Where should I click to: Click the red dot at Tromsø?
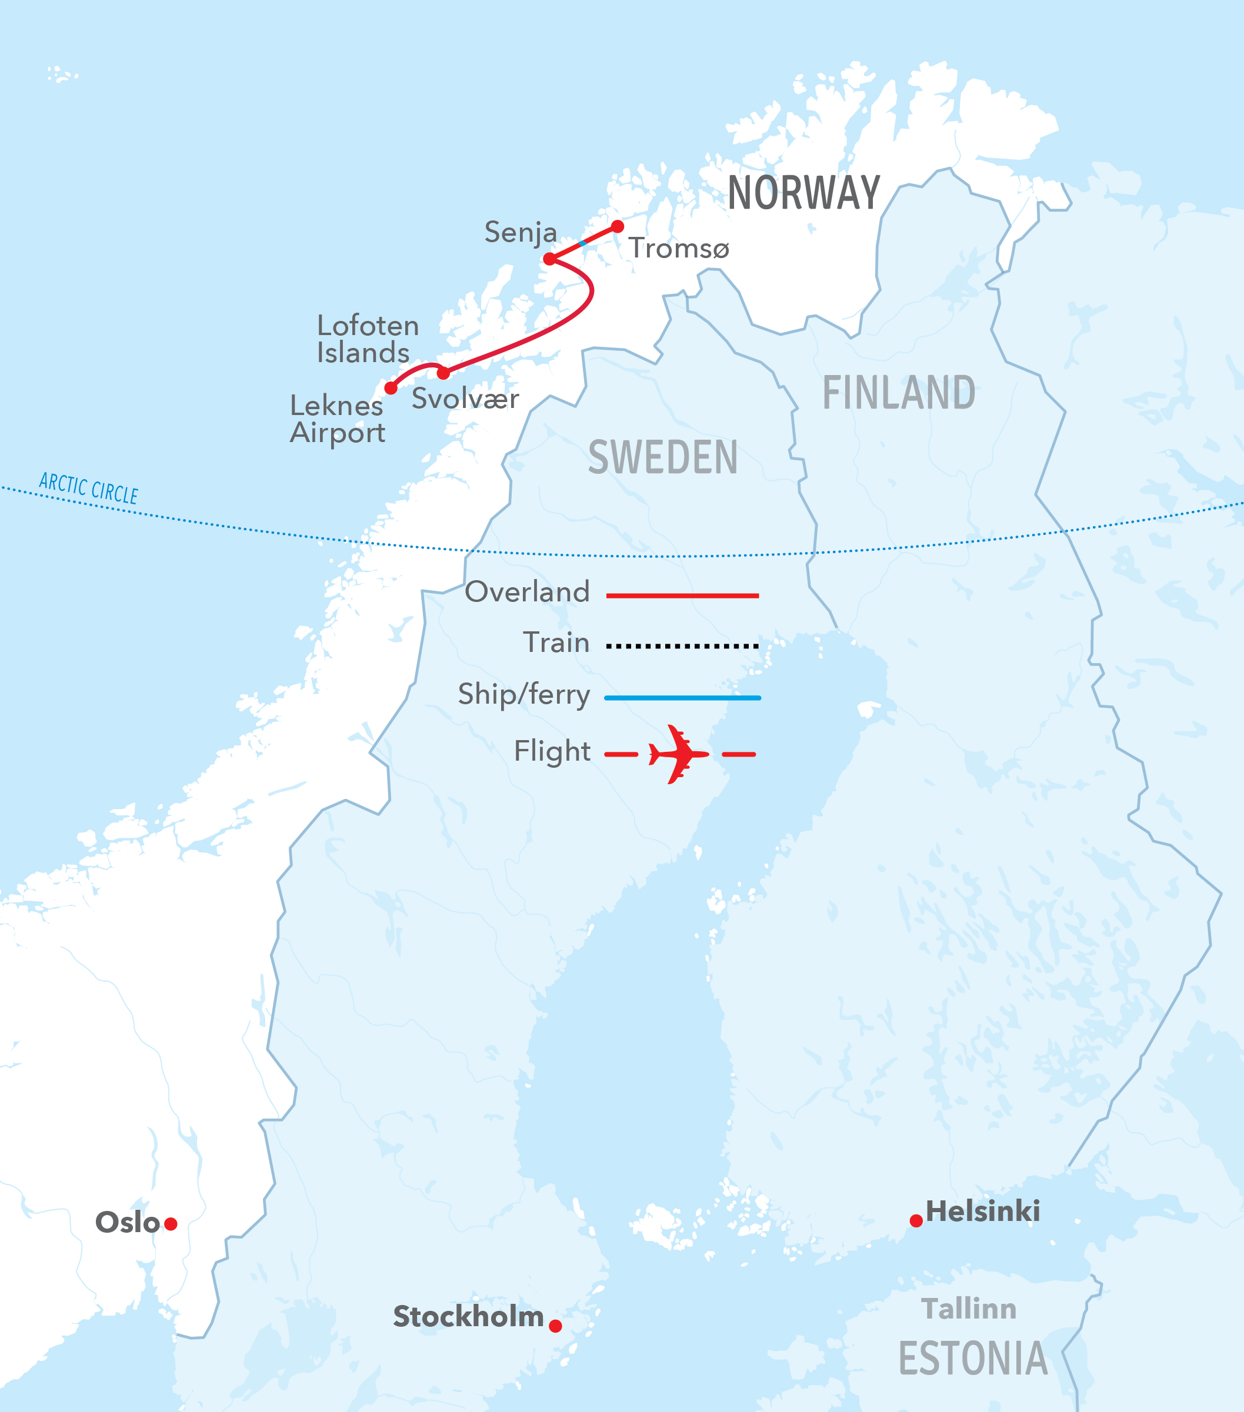(x=618, y=226)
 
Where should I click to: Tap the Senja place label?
(x=521, y=233)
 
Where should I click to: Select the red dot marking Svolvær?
(x=443, y=373)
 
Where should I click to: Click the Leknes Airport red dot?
(x=391, y=388)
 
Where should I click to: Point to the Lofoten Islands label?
(x=367, y=339)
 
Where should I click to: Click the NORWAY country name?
(x=804, y=193)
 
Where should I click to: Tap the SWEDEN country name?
(x=663, y=457)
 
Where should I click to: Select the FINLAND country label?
(x=899, y=393)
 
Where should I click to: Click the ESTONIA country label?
(x=973, y=1358)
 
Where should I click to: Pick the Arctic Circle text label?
(x=88, y=488)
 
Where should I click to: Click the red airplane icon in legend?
(x=678, y=754)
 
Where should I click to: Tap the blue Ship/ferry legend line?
(x=682, y=698)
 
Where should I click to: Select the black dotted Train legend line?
(x=682, y=647)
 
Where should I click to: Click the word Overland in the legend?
(x=528, y=592)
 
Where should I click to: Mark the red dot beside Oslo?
(x=171, y=1224)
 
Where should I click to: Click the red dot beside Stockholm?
(x=555, y=1326)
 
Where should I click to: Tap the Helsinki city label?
(x=982, y=1212)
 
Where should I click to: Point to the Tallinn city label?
(x=969, y=1309)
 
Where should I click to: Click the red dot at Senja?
(x=549, y=259)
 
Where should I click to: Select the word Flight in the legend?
(x=552, y=751)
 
